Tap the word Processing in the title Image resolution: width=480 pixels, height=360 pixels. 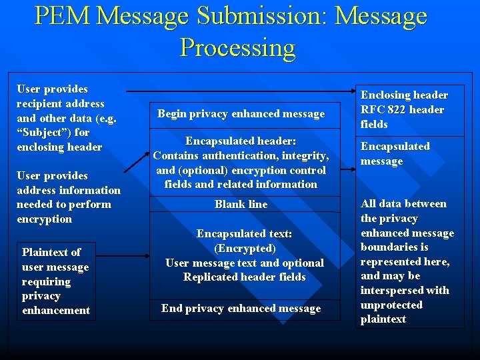[x=237, y=47]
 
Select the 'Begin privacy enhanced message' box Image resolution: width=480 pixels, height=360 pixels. [x=241, y=114]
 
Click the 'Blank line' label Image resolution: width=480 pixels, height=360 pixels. [x=241, y=205]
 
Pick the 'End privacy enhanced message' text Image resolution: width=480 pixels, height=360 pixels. [x=241, y=309]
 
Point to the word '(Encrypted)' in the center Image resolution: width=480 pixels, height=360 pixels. [x=245, y=249]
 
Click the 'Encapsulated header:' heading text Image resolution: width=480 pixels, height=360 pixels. [x=241, y=141]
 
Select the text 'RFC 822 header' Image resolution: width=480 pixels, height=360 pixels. [x=402, y=110]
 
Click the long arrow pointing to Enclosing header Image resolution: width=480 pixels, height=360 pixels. [x=240, y=90]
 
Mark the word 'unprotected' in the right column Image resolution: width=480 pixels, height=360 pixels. [x=391, y=305]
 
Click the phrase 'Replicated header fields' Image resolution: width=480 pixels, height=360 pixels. [x=245, y=277]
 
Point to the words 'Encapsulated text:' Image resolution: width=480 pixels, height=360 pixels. [x=244, y=234]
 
